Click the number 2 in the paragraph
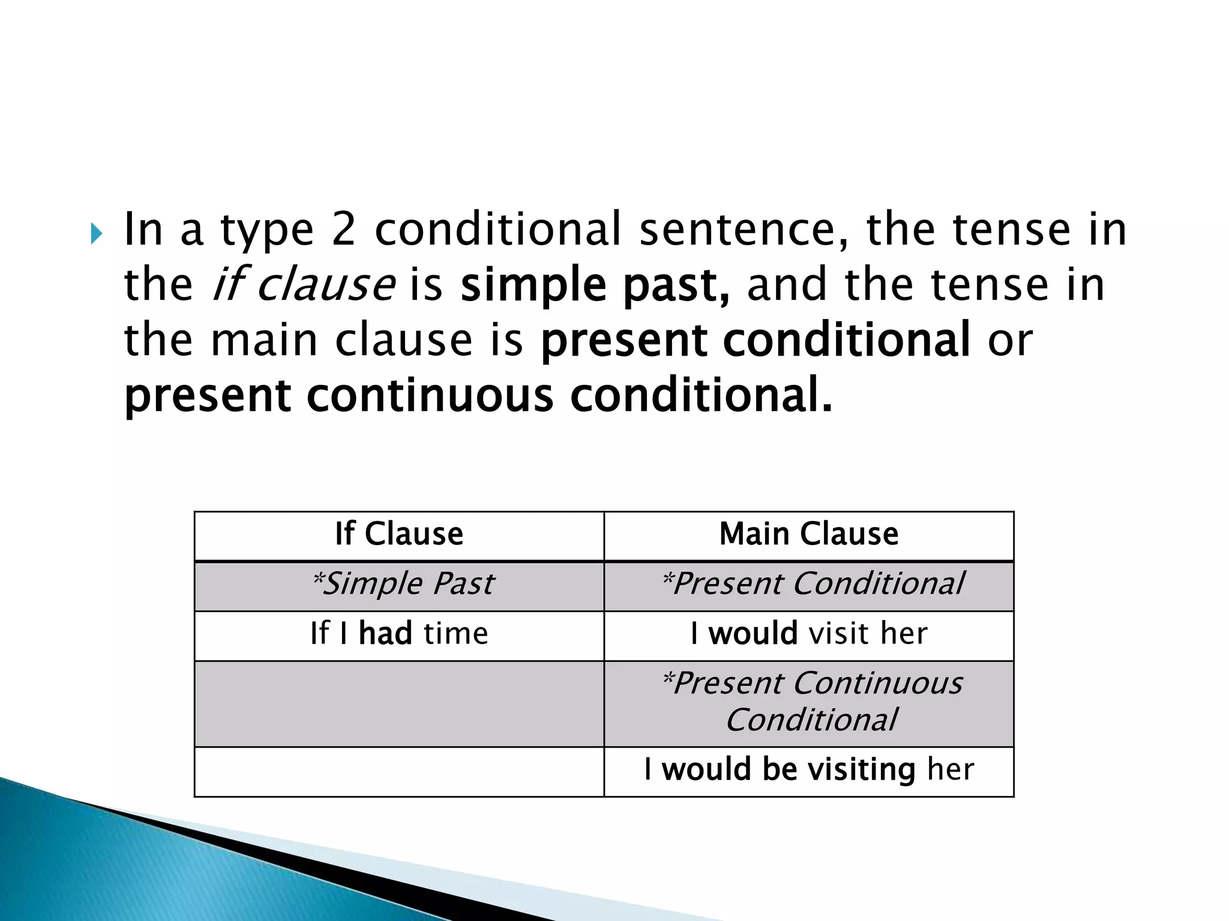coord(343,230)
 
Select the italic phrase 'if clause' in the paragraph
coord(304,285)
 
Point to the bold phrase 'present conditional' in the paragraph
coord(755,340)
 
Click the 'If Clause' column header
coord(399,534)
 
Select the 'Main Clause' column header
coord(809,534)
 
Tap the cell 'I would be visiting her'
coord(809,770)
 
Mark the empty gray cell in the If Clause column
coord(399,704)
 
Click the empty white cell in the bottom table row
coord(399,772)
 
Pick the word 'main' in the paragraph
coord(264,340)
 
